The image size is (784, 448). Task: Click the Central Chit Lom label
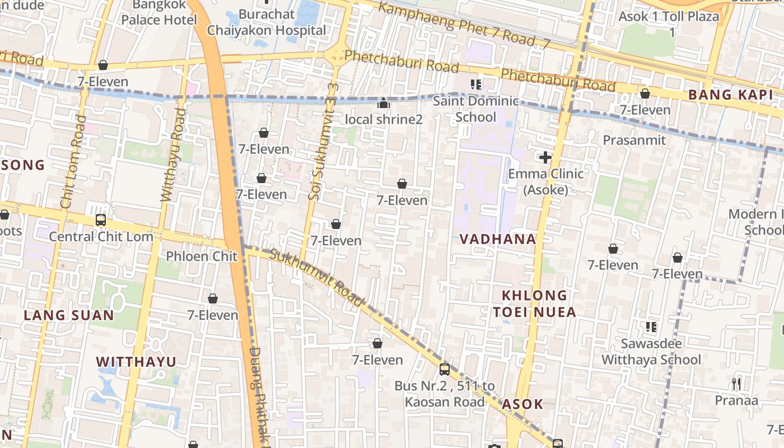[x=101, y=236]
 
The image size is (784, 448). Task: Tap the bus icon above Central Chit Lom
[x=101, y=220]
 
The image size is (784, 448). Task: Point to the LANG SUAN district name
[x=69, y=315]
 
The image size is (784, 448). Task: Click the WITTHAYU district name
[x=136, y=362]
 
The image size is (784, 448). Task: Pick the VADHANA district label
[x=498, y=239]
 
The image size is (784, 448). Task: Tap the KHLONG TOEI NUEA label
[x=534, y=304]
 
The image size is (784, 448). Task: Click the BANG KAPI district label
[x=730, y=95]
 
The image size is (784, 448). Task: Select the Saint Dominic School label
[x=476, y=109]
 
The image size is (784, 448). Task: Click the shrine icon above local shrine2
[x=384, y=103]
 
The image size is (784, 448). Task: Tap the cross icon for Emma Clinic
[x=545, y=157]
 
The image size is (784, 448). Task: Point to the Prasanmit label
[x=634, y=140]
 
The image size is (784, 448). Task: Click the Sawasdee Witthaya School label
[x=651, y=352]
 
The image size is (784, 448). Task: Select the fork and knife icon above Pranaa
[x=736, y=384]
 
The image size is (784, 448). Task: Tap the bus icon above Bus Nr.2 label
[x=445, y=370]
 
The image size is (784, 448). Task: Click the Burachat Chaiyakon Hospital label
[x=267, y=22]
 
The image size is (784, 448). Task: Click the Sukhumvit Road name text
[x=316, y=278]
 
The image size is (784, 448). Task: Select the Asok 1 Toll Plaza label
[x=669, y=24]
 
